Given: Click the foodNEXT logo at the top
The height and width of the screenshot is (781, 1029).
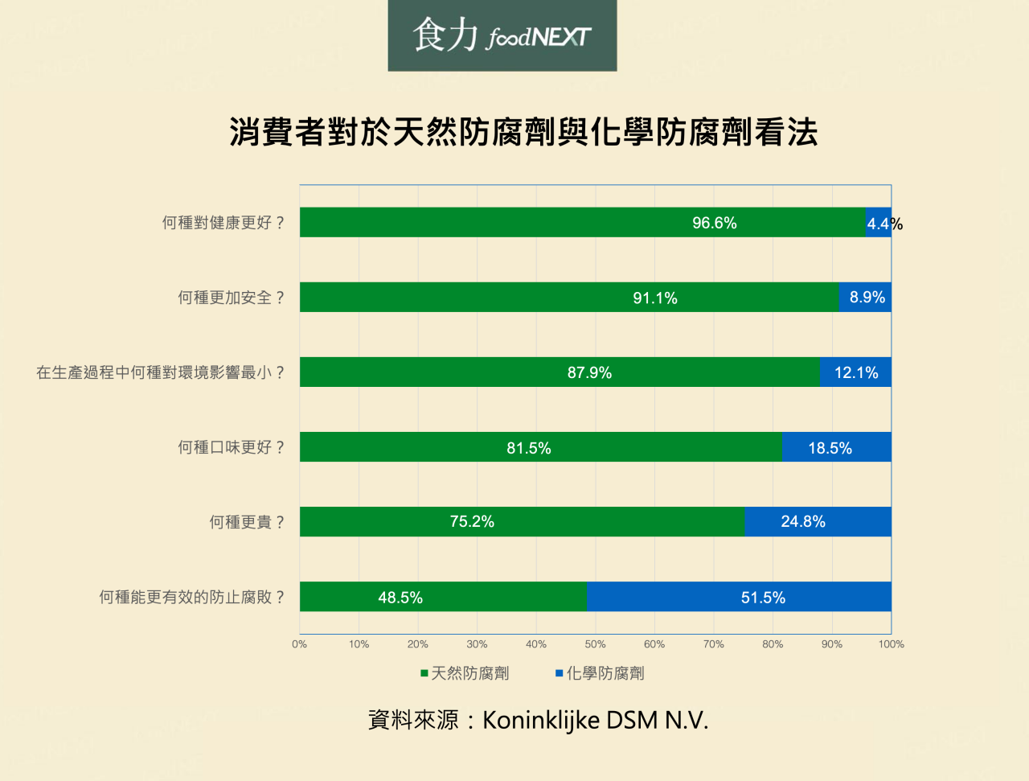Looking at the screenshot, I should tap(502, 35).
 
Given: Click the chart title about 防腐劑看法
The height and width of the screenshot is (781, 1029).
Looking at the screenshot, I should tap(523, 132).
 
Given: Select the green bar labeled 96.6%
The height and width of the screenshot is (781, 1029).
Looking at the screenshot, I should tap(582, 223).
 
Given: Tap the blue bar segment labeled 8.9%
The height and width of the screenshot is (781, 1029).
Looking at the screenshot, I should tap(865, 298).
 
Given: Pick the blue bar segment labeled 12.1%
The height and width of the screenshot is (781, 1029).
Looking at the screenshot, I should tap(855, 372).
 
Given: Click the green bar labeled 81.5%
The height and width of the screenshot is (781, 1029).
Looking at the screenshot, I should tap(540, 447).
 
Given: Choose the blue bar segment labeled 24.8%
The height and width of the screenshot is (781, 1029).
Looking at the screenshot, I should tap(818, 522).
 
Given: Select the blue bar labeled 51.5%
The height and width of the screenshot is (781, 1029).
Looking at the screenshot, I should tap(738, 597).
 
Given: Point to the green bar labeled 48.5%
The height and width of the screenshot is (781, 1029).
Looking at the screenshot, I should tap(443, 597).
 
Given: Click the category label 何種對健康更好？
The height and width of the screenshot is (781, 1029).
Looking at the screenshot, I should tap(223, 223).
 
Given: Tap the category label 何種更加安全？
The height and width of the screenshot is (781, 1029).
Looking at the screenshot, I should tap(232, 298).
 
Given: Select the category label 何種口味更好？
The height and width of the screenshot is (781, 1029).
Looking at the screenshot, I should tap(232, 447).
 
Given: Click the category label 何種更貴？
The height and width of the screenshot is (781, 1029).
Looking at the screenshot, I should tap(248, 522).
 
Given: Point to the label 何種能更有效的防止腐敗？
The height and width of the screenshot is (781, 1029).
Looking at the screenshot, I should tap(192, 597).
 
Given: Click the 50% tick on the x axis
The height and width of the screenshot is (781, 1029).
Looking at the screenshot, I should tap(595, 644).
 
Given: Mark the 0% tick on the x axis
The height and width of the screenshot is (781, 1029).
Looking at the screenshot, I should tap(300, 644).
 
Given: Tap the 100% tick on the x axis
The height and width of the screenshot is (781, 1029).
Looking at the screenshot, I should tap(891, 644).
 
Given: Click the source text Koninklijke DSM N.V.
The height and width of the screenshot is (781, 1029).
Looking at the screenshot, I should tap(595, 720).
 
